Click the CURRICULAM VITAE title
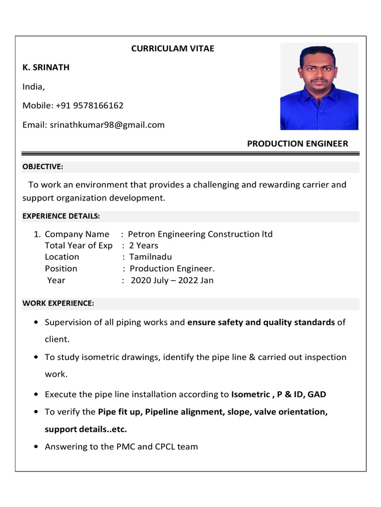pos(173,49)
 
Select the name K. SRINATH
pos(46,67)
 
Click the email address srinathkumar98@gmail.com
pos(107,125)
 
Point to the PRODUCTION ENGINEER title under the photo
pos(297,144)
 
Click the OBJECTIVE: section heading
pos(43,167)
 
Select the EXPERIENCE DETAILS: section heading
pos(61,216)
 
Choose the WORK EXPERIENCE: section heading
pos(58,303)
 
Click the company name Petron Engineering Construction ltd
pos(200,234)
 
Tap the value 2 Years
pos(144,246)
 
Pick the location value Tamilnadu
pos(150,257)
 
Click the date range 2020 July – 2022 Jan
pos(172,280)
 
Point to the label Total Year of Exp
pos(78,246)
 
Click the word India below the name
pos(33,87)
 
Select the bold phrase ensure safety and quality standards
pos(261,322)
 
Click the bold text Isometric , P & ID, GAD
pos(279,395)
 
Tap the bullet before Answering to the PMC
pos(37,447)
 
